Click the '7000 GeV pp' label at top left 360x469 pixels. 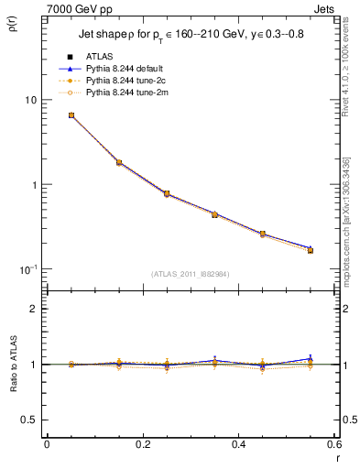[71, 8]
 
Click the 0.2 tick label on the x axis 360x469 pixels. [142, 444]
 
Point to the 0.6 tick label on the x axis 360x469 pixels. [333, 444]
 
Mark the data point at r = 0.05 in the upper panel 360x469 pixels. [71, 115]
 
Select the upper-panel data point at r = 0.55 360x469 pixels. [310, 250]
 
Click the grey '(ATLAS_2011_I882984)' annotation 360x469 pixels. [191, 273]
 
